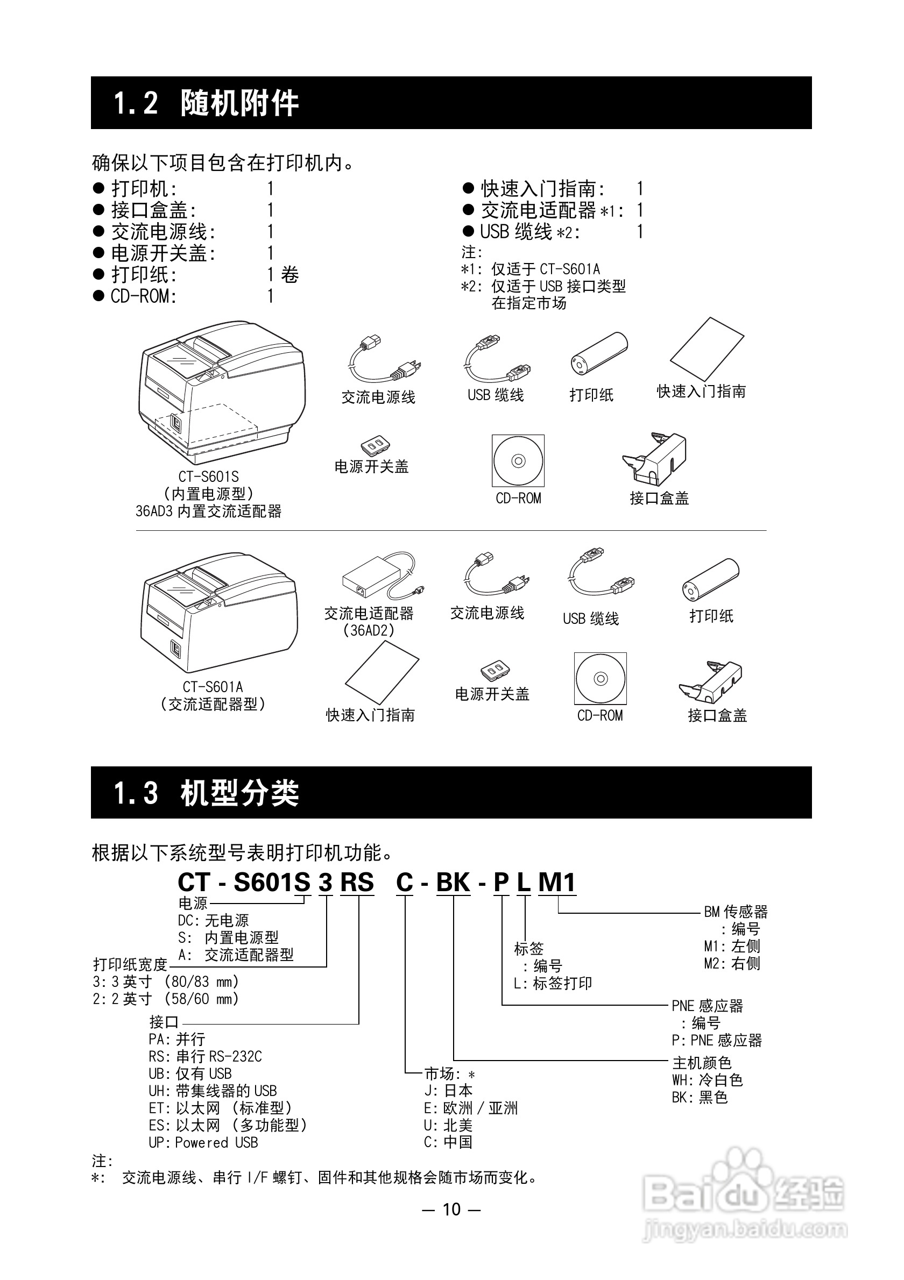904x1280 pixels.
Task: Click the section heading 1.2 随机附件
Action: (206, 103)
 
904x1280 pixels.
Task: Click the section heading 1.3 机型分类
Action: (206, 792)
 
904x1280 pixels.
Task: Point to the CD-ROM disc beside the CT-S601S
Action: (518, 460)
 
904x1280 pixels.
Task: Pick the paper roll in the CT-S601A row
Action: (710, 580)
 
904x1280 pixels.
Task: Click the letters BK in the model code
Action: (453, 883)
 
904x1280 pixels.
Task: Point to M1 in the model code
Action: (556, 883)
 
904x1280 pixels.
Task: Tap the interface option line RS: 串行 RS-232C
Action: (205, 1056)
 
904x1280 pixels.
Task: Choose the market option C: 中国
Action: (448, 1142)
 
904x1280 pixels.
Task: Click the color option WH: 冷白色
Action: (707, 1080)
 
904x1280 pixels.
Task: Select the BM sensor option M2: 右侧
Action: (732, 963)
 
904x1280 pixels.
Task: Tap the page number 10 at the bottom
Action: (451, 1209)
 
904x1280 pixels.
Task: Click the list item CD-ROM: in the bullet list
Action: (143, 296)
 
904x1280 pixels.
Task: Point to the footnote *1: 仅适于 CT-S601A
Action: (531, 269)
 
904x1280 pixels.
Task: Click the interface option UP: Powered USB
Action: (203, 1142)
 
